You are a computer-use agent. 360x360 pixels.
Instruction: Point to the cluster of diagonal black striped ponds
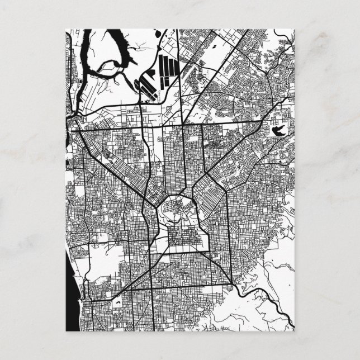tap(144, 86)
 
